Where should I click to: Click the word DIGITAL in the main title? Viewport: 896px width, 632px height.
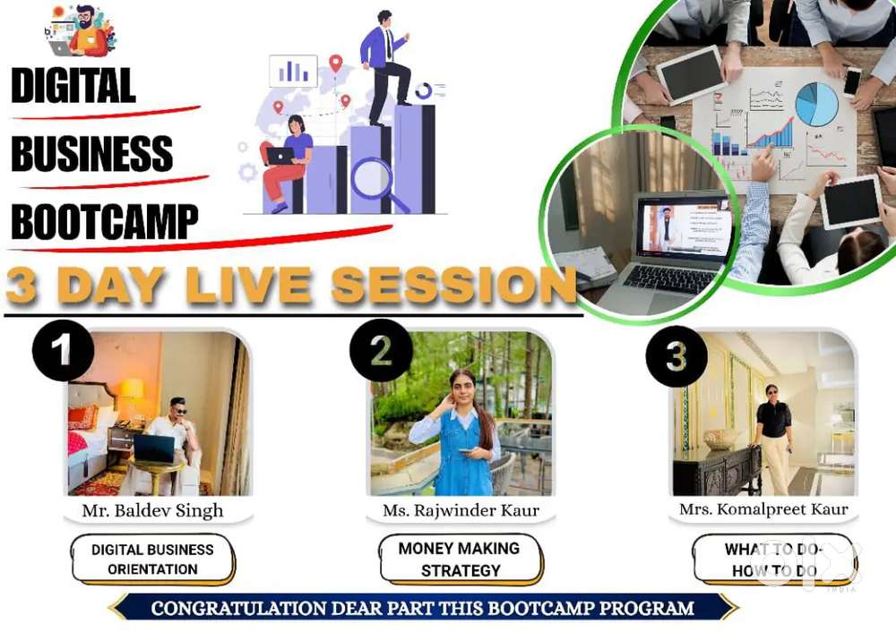(73, 85)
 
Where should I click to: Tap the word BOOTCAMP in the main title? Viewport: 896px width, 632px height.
(105, 221)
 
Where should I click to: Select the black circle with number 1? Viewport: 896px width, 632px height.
(63, 350)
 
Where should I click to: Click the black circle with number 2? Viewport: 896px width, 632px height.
(381, 350)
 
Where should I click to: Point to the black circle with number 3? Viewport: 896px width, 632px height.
(676, 356)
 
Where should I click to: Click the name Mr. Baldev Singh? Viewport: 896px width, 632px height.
(152, 510)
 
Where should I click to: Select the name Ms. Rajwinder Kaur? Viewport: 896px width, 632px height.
(461, 510)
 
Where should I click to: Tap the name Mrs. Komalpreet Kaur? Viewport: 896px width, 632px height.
(763, 508)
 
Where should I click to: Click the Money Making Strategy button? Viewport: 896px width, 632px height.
(460, 559)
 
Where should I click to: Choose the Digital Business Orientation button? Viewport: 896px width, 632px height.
(152, 559)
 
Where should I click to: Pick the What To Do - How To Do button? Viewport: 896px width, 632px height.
(774, 559)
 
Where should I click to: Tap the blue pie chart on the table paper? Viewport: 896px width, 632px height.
(816, 104)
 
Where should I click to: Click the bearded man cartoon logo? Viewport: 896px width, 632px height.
(81, 31)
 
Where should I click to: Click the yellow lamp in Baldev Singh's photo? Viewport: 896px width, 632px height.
(132, 391)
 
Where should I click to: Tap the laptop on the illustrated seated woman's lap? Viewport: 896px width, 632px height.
(280, 156)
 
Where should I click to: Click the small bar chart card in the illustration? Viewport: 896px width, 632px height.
(293, 71)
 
